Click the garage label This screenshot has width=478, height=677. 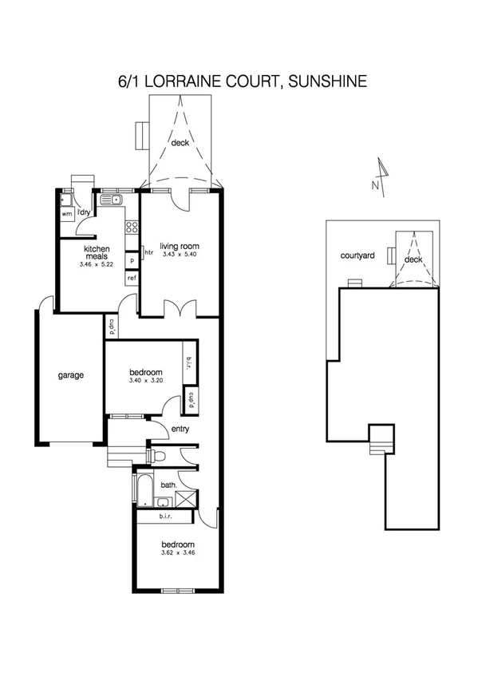click(70, 375)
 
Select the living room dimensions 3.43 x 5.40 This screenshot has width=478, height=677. click(178, 255)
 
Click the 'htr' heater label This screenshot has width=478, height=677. click(148, 253)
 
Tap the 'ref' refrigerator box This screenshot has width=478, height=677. click(132, 278)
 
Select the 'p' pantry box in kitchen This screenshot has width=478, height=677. click(132, 259)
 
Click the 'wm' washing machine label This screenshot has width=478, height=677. click(67, 214)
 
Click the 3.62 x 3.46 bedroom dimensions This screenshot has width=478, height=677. click(177, 552)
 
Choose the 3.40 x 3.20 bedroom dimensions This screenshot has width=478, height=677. click(146, 382)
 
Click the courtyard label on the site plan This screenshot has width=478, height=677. click(358, 256)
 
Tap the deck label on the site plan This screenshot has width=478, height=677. click(413, 259)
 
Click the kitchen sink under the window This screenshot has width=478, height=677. click(116, 200)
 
